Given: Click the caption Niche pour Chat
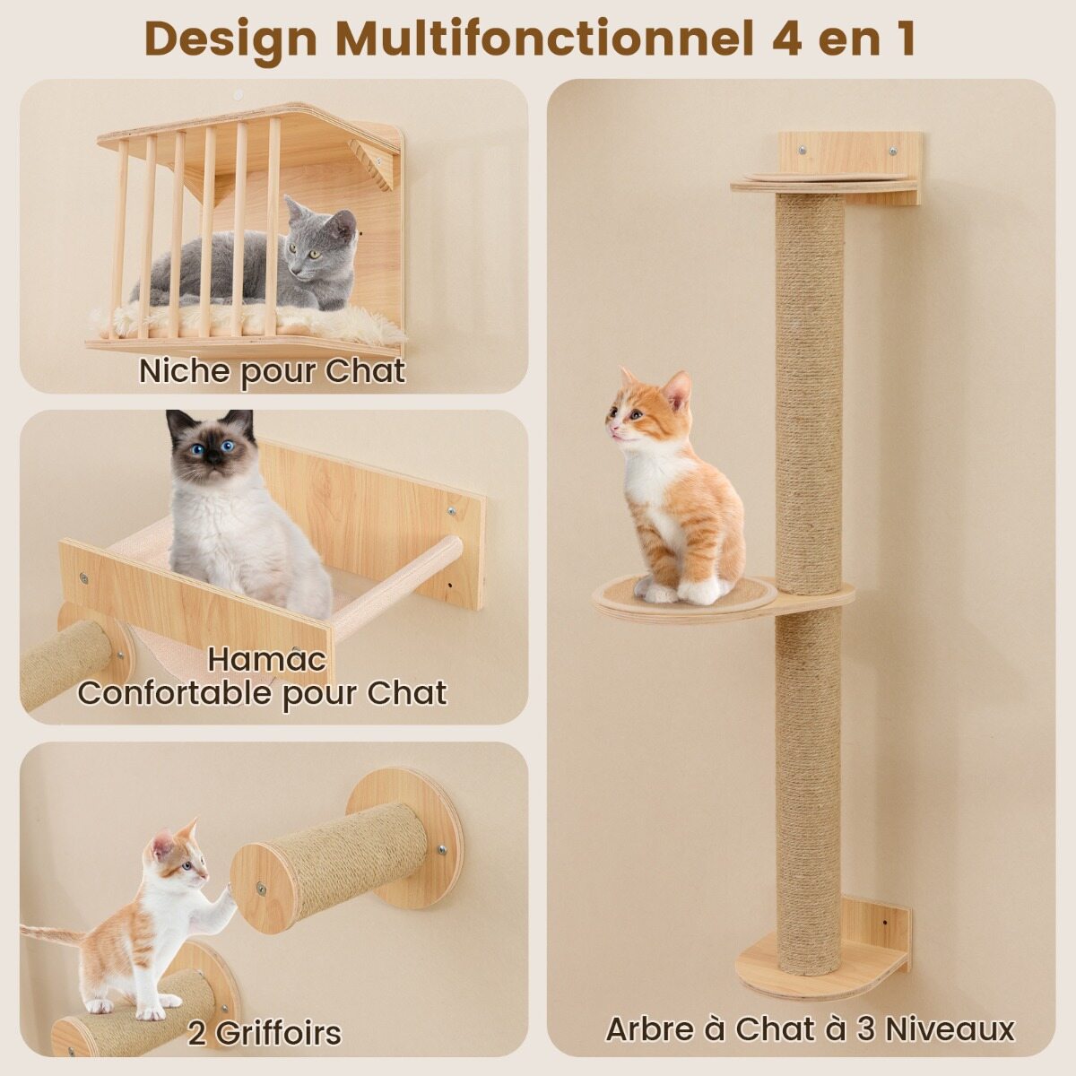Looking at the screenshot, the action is pos(272,372).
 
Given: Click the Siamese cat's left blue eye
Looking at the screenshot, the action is pos(196,450).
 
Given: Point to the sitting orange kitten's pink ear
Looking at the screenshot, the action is pos(678,392).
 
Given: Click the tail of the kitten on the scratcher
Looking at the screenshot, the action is pos(54,932).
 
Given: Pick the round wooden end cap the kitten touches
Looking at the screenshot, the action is pos(263,889).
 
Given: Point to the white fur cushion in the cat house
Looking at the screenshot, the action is pos(246,323).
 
